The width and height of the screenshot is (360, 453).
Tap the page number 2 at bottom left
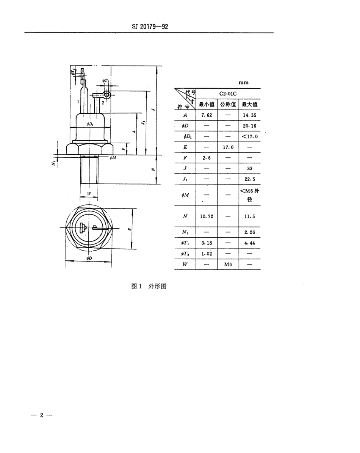click(x=42, y=415)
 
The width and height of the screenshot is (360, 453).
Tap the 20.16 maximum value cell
click(x=249, y=125)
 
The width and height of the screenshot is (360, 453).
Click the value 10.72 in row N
click(x=206, y=216)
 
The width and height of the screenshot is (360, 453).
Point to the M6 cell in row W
click(x=228, y=264)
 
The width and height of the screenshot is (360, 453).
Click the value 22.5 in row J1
click(x=249, y=179)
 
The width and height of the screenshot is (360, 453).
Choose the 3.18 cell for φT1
click(x=206, y=243)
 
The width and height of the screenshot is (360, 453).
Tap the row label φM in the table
click(x=185, y=195)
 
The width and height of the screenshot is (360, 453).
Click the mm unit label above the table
click(x=244, y=82)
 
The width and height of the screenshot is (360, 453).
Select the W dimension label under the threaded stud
click(x=89, y=194)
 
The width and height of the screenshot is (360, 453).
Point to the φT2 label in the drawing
click(x=105, y=80)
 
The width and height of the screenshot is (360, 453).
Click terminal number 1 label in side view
click(x=78, y=102)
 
